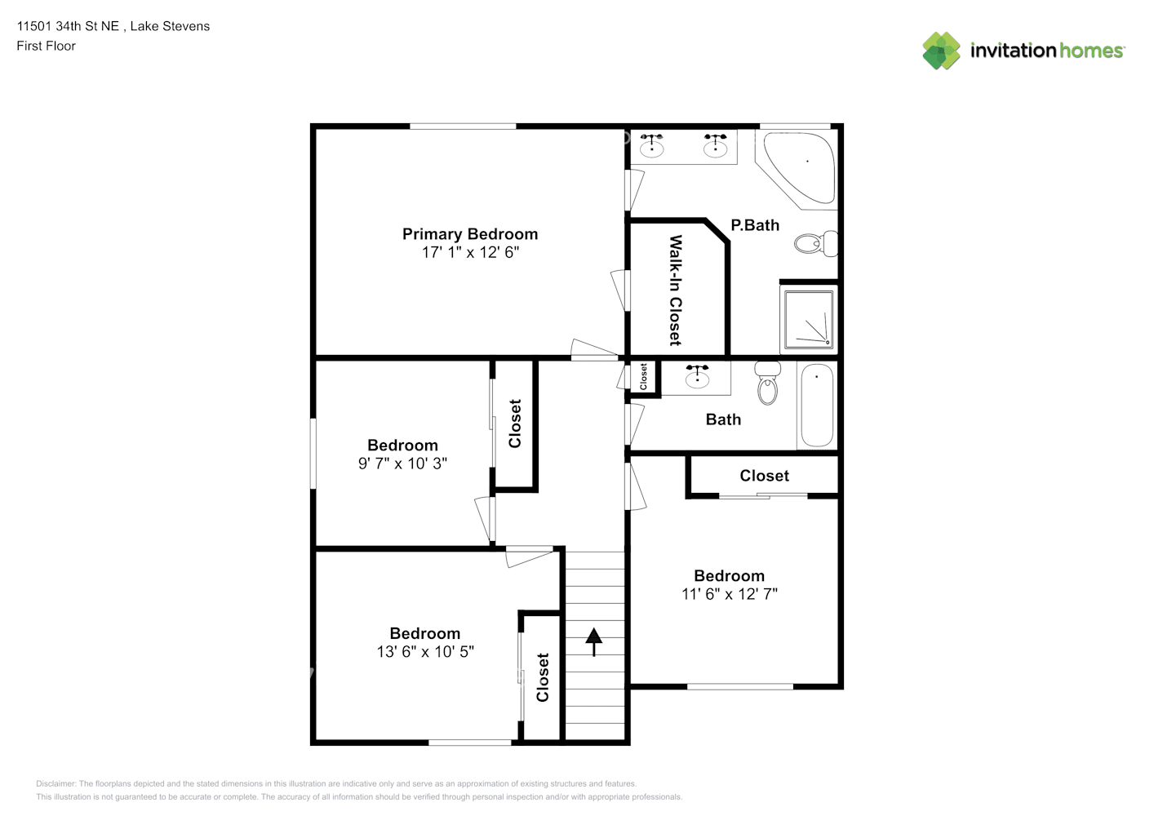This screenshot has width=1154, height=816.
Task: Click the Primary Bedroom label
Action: (470, 234)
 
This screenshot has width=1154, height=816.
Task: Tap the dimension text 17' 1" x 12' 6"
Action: (470, 252)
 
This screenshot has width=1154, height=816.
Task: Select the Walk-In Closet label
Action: (675, 290)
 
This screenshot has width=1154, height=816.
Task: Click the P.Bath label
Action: (755, 225)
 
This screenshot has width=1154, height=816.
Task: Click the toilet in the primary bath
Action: (815, 243)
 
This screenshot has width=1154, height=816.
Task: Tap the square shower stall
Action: (809, 320)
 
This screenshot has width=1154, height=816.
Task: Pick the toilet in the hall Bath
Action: (768, 383)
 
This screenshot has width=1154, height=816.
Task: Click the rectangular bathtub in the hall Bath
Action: (817, 405)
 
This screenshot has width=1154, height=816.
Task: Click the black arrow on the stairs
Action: (593, 642)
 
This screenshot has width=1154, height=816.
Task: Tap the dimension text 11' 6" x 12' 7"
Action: (730, 594)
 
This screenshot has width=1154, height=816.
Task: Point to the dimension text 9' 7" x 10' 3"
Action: (402, 463)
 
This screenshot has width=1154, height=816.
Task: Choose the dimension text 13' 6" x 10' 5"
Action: (425, 652)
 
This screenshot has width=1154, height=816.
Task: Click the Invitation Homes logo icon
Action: (941, 51)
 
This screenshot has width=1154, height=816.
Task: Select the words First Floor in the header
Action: (46, 46)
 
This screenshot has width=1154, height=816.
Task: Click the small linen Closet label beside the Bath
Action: (643, 376)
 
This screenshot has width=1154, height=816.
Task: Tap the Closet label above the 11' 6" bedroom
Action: (764, 476)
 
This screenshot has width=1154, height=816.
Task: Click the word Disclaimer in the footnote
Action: (55, 783)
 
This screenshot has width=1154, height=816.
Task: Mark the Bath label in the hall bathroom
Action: (723, 419)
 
